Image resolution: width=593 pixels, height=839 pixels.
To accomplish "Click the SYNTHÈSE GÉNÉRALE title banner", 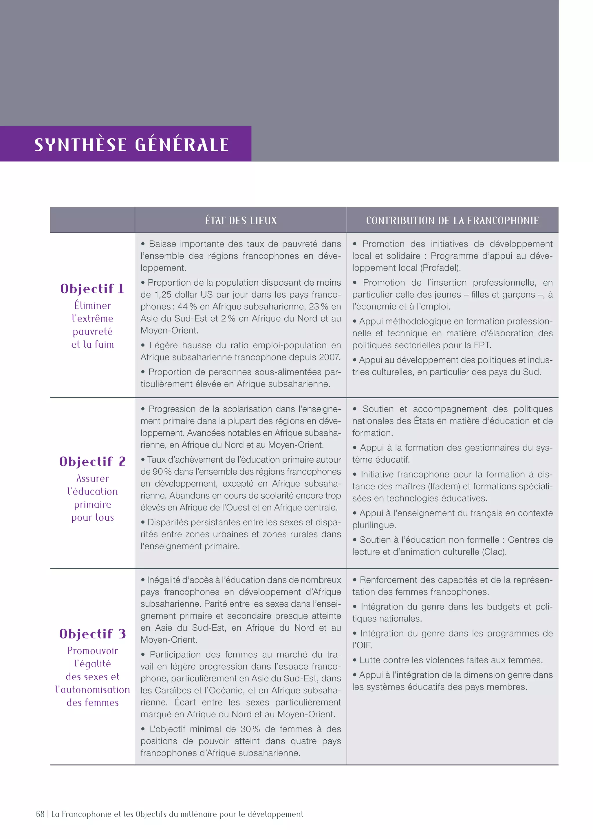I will pos(131,144).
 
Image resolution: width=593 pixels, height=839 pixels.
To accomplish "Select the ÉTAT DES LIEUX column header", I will pos(241,220).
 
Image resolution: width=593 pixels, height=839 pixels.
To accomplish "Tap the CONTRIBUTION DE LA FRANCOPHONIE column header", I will pos(452,220).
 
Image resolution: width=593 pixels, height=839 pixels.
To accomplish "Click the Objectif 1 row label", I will pos(92,289).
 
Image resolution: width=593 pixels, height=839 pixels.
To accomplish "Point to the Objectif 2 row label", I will pos(92,462).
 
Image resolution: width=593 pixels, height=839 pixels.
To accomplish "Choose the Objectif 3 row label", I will pos(92,634).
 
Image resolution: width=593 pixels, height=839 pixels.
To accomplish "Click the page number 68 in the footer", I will pos(40,814).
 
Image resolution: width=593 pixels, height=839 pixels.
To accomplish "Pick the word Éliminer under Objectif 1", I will pos(92,305).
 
